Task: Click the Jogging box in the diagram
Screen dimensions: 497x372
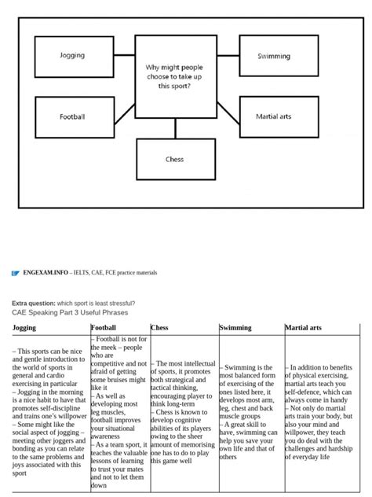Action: point(72,56)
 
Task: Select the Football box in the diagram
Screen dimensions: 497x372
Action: point(72,116)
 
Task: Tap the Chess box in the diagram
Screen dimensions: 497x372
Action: point(175,159)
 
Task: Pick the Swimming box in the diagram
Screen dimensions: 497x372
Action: point(274,56)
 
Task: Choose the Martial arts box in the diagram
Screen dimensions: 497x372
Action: point(274,116)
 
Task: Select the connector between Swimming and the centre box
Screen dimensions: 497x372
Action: point(228,56)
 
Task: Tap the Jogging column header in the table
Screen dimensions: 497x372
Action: point(25,328)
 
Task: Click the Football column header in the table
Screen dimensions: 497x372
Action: point(104,328)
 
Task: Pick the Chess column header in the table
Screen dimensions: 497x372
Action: point(159,328)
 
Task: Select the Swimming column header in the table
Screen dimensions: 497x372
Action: point(235,328)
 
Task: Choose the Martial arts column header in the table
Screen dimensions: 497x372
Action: point(303,328)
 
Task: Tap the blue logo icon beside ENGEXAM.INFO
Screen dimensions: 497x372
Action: point(15,273)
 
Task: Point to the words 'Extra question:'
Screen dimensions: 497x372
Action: point(33,303)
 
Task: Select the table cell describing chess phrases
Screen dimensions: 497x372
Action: point(183,413)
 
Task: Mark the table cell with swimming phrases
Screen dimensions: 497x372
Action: point(250,413)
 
